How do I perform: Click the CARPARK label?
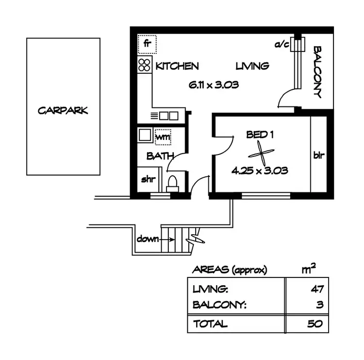(63, 110)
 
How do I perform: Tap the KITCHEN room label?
(177, 66)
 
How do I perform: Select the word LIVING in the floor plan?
(252, 66)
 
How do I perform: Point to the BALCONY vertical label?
(318, 72)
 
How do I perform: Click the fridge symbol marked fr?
(145, 44)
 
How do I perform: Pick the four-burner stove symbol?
(145, 65)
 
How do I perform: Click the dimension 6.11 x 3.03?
(214, 85)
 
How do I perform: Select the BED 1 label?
(260, 135)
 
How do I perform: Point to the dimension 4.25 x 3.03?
(260, 171)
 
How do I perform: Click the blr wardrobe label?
(319, 156)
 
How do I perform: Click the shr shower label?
(147, 179)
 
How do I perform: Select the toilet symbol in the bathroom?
(172, 182)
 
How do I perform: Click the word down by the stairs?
(148, 239)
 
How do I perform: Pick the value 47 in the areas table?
(317, 290)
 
